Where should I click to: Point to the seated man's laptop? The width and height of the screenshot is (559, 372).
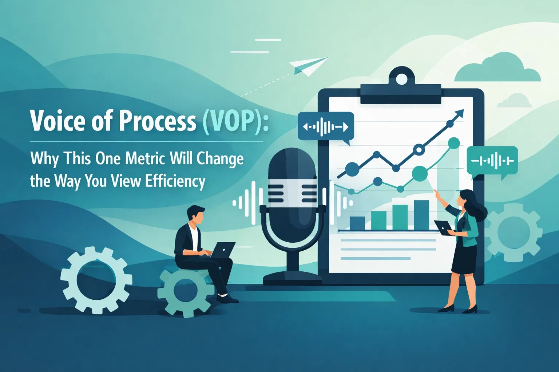tap(222, 250)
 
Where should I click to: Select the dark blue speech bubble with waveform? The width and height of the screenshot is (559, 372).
tap(325, 127)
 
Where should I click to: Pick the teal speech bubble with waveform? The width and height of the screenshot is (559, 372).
tap(492, 161)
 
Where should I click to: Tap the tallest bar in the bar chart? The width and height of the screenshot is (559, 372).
tap(421, 215)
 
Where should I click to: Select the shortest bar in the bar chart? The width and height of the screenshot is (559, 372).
tap(357, 223)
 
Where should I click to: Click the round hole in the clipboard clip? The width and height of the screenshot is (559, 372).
tap(401, 79)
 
